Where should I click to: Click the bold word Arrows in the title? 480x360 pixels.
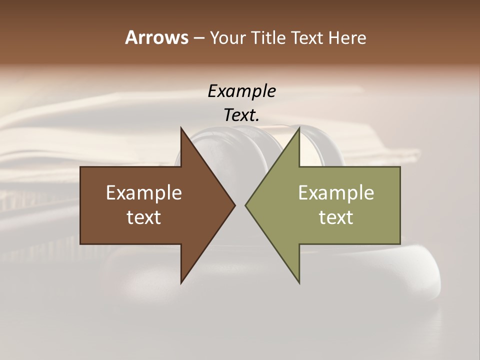(x=156, y=37)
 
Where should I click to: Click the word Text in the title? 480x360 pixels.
(x=308, y=38)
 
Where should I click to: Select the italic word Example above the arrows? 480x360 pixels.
(x=241, y=91)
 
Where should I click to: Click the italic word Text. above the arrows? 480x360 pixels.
(x=241, y=115)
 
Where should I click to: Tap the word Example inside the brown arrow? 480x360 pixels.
(x=144, y=193)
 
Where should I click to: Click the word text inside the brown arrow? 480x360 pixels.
(x=144, y=217)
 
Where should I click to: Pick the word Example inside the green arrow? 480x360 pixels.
(x=336, y=193)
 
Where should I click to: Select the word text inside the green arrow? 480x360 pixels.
(x=336, y=217)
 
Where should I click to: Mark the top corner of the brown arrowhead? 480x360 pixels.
(x=181, y=128)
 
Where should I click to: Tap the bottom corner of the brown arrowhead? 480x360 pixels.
(x=181, y=282)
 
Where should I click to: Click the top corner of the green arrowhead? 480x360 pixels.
(x=299, y=128)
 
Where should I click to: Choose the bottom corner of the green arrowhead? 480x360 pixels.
(x=299, y=282)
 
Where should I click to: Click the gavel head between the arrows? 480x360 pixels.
(x=240, y=145)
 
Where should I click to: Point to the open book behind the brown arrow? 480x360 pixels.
(x=75, y=140)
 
